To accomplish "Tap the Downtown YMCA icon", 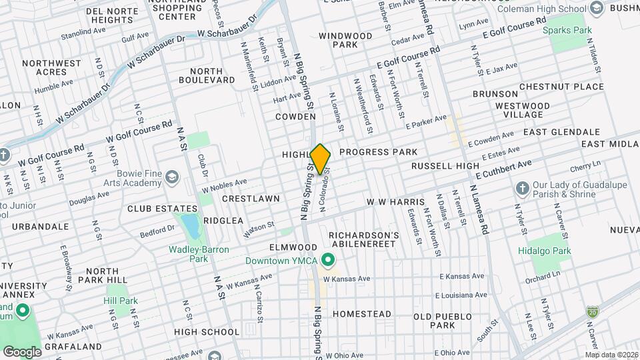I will click(x=327, y=259).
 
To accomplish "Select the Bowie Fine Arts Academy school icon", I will click(x=173, y=177).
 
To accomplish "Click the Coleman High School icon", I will click(x=597, y=8).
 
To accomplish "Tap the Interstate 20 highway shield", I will click(x=592, y=312).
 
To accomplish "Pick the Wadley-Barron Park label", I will click(x=199, y=254).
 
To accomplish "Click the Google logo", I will click(x=22, y=351).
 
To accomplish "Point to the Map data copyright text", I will click(x=611, y=355).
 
